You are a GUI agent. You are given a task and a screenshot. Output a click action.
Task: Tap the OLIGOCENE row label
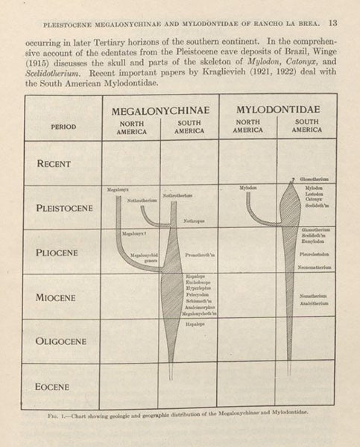pos(61,341)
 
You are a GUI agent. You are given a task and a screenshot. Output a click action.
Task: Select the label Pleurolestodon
pos(316,253)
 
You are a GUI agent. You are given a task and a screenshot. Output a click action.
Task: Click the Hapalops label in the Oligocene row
pos(195,324)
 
